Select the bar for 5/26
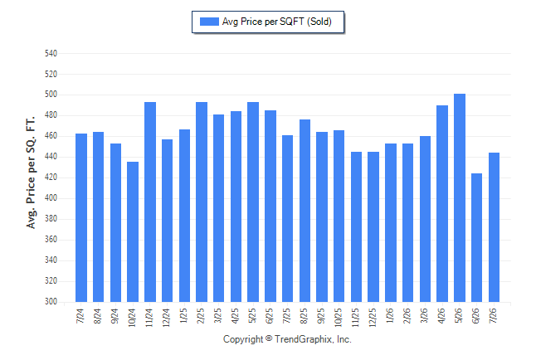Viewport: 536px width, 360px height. tap(460, 198)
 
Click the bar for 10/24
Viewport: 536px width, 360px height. tap(133, 231)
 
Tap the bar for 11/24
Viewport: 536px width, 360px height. tap(150, 202)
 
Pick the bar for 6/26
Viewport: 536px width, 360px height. tap(476, 237)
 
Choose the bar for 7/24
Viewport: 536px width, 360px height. tap(81, 218)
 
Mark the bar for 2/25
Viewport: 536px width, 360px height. tap(202, 202)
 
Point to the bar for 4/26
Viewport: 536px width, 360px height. tap(442, 204)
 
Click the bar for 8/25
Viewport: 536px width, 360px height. tap(305, 211)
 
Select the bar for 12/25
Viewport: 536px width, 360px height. tap(373, 227)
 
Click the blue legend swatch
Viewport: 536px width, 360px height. tap(209, 22)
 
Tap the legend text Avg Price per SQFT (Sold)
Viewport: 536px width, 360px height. tap(277, 22)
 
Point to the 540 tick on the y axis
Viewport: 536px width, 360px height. tap(51, 53)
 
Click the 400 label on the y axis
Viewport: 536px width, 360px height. tap(51, 198)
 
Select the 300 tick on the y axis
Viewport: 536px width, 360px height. tap(51, 302)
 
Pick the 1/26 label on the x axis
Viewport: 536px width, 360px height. tap(389, 315)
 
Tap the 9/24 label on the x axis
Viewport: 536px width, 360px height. tap(115, 315)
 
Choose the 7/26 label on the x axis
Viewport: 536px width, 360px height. tap(493, 315)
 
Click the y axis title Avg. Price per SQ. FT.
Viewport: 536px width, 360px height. tap(31, 173)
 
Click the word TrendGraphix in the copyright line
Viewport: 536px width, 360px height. tap(303, 339)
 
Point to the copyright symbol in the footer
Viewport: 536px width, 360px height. tap(269, 338)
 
